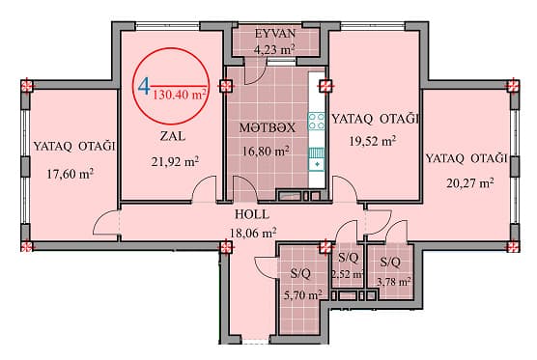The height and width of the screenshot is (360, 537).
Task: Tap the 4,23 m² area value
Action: pos(276,47)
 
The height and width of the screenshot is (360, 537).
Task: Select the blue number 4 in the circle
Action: pos(144,88)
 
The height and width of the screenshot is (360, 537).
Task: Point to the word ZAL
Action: pos(174,136)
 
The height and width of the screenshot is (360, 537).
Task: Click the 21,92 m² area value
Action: pos(175,161)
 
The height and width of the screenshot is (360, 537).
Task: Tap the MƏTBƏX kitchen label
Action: pos(268,127)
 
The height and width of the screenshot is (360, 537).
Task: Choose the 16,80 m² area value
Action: pos(268,151)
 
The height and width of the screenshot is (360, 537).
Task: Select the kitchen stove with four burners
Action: pos(316,122)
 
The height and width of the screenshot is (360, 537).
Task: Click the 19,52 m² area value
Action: pos(373,141)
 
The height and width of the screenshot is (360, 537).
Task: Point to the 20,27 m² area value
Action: pos(468,180)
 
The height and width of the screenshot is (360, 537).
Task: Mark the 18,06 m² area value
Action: pos(254,232)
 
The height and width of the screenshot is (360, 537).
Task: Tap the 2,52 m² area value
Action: pos(347,275)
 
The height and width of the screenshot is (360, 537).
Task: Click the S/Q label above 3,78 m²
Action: pos(391,263)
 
